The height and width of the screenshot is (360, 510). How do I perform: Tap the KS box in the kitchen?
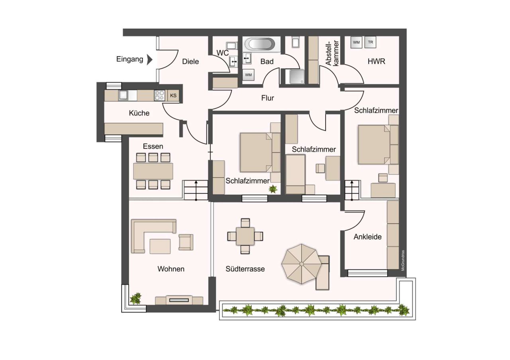173,96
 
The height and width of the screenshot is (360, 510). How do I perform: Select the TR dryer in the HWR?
371,42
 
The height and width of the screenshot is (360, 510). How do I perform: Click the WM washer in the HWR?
356,42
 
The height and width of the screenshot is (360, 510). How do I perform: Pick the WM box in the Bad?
248,75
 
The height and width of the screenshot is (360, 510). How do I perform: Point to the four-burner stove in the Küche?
160,96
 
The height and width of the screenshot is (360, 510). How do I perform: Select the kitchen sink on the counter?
123,96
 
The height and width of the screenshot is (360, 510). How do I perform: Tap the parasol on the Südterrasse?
301,264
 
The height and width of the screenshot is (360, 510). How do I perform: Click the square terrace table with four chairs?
245,236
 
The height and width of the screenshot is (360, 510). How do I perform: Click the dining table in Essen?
153,171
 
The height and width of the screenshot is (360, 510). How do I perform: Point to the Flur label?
268,98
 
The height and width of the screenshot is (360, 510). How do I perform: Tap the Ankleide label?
367,237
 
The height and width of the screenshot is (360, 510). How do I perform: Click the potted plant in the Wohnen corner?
136,298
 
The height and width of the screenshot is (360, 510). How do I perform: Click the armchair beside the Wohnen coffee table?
186,242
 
